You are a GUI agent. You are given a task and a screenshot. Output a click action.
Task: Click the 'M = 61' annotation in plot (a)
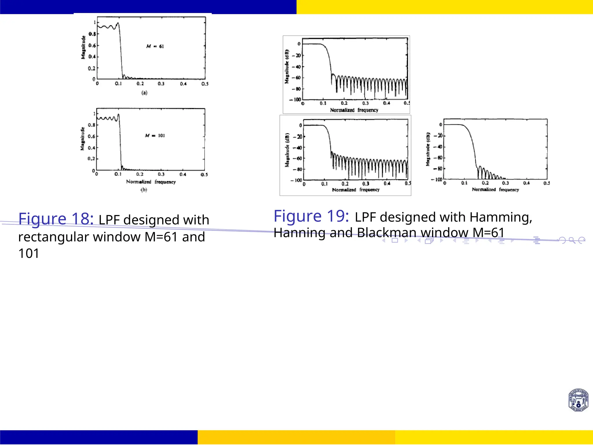click(155, 46)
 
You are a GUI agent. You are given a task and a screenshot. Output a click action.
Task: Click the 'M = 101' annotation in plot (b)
click(155, 135)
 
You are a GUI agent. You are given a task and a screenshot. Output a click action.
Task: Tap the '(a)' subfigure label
click(144, 93)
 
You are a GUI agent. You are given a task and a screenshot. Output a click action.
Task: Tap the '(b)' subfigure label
click(144, 190)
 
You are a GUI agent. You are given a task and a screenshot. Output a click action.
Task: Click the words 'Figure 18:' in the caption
click(56, 219)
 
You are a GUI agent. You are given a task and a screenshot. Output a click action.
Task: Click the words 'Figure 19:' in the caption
click(311, 216)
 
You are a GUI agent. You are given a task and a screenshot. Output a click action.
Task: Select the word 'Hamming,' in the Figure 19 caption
click(501, 217)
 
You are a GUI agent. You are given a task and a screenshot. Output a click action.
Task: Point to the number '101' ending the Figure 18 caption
click(29, 253)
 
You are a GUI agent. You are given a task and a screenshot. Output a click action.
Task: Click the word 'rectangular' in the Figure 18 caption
click(54, 237)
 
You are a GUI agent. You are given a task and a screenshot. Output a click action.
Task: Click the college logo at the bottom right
click(578, 400)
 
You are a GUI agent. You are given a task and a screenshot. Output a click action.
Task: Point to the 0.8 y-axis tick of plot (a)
click(92, 34)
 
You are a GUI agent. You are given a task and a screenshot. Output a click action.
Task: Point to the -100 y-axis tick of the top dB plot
click(295, 100)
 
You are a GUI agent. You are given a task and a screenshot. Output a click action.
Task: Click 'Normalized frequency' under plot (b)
click(151, 182)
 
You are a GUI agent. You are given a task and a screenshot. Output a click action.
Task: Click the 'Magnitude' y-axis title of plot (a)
click(83, 47)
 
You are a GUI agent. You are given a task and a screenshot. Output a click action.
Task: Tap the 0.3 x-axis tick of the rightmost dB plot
click(505, 183)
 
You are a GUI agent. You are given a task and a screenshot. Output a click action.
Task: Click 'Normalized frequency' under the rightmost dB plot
click(495, 190)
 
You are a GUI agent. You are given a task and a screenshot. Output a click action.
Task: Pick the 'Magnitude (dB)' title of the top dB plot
click(287, 67)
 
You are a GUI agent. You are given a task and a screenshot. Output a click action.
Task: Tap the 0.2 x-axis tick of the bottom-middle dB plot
click(345, 184)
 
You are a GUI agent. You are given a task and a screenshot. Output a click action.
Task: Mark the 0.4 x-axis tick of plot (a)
click(183, 84)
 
